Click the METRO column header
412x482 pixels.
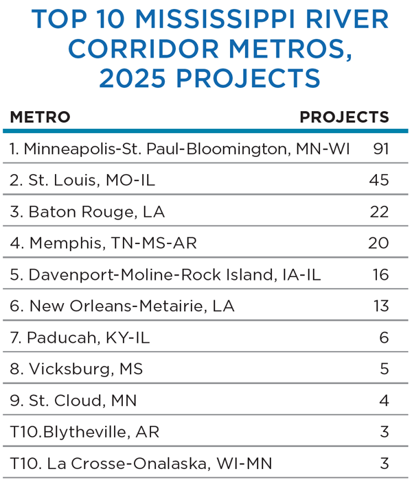point(40,117)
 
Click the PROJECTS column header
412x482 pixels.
point(344,117)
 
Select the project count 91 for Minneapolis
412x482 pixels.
point(381,149)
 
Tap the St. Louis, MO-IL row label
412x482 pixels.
point(82,180)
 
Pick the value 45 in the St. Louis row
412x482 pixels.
point(379,180)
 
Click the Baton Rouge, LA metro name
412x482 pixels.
point(87,212)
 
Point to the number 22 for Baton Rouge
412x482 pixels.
point(379,212)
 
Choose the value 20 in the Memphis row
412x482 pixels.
point(379,243)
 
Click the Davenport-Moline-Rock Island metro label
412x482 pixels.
point(165,275)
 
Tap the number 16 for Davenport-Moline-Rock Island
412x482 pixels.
point(380,275)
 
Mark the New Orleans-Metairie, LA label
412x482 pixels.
point(122,306)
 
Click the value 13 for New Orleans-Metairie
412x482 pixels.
point(380,306)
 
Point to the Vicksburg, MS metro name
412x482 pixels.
point(76,370)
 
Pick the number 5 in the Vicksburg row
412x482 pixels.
point(384,370)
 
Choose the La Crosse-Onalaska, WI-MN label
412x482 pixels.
point(141,464)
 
